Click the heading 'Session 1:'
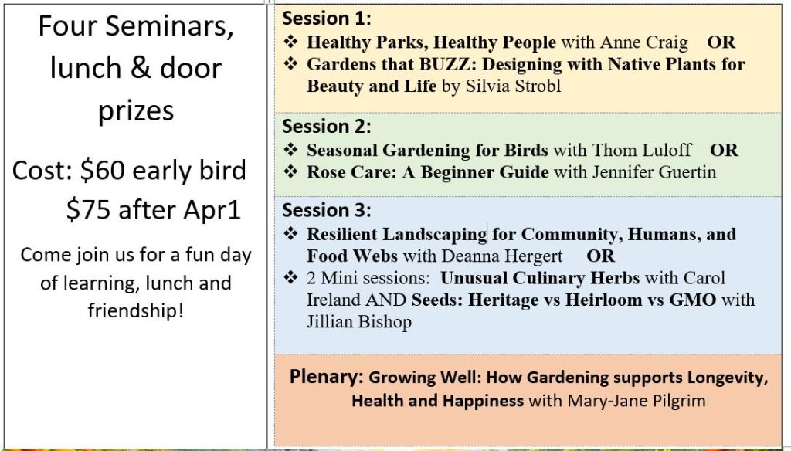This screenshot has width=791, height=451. (327, 19)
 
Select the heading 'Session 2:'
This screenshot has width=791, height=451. (327, 126)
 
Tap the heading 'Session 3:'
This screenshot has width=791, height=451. (327, 210)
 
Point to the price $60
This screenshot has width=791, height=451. (103, 171)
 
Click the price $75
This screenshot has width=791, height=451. (88, 210)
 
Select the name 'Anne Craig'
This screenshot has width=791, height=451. (643, 42)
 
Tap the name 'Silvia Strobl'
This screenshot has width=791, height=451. (513, 86)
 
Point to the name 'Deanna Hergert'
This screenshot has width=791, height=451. (501, 256)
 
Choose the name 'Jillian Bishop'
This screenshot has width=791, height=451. (359, 322)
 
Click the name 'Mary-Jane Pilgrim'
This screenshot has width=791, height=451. (637, 401)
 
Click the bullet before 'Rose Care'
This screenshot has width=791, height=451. (290, 171)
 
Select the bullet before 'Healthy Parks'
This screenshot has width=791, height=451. (290, 42)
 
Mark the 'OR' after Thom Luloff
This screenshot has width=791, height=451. (724, 151)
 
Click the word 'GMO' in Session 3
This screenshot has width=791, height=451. (693, 300)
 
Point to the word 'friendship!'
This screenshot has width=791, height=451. (136, 310)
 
